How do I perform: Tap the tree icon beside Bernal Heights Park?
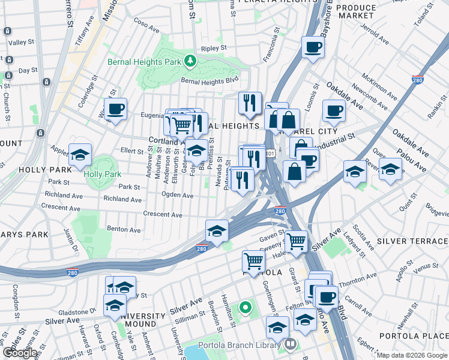pos(190,61)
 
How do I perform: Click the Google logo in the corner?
pos(20,353)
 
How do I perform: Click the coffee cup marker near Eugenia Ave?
pos(115,109)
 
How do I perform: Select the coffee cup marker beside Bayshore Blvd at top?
pos(313,47)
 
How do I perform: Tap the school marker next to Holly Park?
pos(80,155)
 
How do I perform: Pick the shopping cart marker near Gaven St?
pos(296,242)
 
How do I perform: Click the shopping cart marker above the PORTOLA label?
pos(254,262)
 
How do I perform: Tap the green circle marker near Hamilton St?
pos(245,308)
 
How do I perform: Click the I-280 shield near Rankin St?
pos(418,80)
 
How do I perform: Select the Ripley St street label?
pos(214,48)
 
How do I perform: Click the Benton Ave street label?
pos(124,229)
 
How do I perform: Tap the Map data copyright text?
pos(412,355)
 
